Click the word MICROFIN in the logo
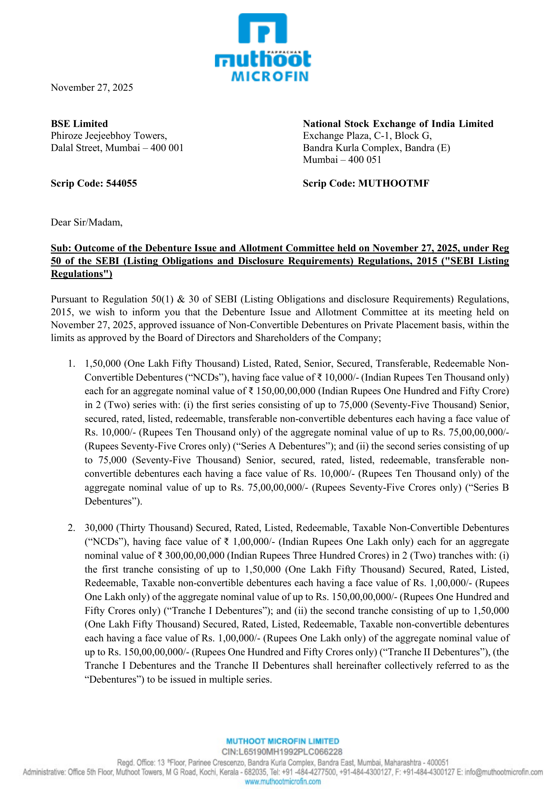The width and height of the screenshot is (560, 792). (x=270, y=77)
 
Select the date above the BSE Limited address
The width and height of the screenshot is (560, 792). (x=92, y=88)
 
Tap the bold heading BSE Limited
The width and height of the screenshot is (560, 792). (x=79, y=124)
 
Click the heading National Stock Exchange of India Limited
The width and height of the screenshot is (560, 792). (x=398, y=124)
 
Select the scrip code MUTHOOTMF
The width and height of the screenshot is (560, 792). (x=394, y=184)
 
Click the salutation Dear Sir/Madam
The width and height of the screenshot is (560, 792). (x=87, y=222)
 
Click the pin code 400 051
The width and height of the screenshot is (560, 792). (x=365, y=160)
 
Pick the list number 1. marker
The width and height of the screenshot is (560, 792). (x=71, y=364)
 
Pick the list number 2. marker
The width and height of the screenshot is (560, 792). (x=71, y=528)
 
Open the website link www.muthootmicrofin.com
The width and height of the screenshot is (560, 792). (x=283, y=782)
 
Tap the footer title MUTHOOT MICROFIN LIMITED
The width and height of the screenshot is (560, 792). (x=282, y=741)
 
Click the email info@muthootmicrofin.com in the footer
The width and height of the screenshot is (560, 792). (x=503, y=772)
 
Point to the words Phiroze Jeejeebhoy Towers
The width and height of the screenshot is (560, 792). (x=109, y=136)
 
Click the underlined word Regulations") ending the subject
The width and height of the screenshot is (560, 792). (x=81, y=274)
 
